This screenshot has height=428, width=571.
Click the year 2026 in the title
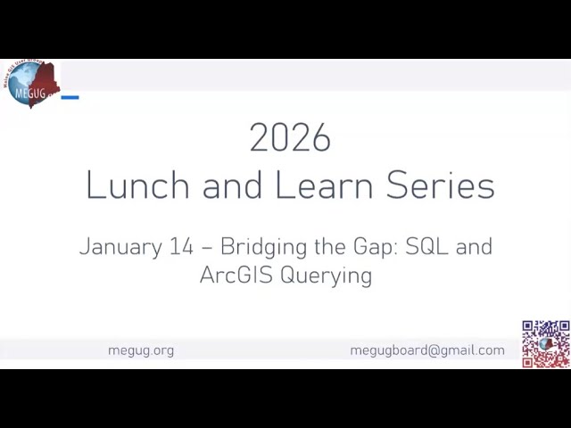point(290,138)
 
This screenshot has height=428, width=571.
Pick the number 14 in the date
point(181,247)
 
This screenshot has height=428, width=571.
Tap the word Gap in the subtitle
point(372,248)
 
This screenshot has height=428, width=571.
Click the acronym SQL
point(426,247)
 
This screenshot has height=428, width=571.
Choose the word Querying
point(327,276)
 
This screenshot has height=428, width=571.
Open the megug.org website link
point(141,350)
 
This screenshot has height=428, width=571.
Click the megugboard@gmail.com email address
point(427,350)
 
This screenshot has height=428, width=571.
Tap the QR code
point(546,343)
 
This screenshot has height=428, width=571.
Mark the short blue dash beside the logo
point(70,97)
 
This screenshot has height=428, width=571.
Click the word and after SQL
point(474,247)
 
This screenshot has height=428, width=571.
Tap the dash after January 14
point(207,248)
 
